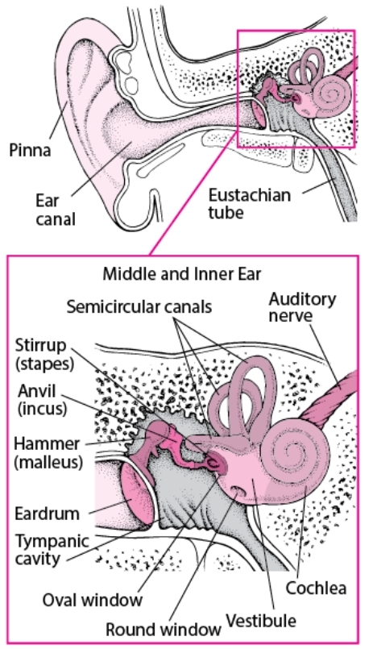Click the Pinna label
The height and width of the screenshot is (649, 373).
pos(30,150)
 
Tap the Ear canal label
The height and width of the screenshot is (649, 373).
pos(56,210)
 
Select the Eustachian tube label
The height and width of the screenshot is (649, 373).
pos(250,203)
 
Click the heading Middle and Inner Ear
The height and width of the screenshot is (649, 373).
pos(182,273)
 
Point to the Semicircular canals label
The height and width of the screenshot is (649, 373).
pos(139,306)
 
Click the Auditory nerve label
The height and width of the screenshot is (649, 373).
pos(302,306)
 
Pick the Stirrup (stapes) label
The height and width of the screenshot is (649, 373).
pos(44,354)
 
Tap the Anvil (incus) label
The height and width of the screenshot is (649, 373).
pos(42,399)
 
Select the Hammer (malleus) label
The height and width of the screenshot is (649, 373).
pos(48,452)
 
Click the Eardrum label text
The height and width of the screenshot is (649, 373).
pos(48,514)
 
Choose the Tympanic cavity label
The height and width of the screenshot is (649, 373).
pos(52,550)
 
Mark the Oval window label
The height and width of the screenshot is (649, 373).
pos(93,599)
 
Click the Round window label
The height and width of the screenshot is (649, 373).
pos(164,629)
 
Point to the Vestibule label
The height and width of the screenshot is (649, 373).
pos(261,621)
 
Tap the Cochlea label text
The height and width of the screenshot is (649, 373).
pos(316,589)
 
